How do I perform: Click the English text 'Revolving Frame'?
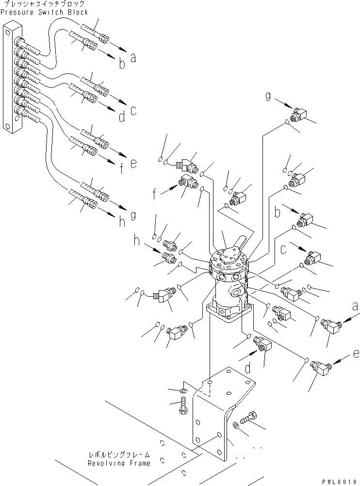tap(119, 464)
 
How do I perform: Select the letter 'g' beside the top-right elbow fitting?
tap(268, 96)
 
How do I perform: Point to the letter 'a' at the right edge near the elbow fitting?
tap(355, 307)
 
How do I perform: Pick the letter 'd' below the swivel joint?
tap(248, 369)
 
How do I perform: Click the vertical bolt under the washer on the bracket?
tap(183, 405)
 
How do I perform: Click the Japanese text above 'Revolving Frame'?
tap(118, 455)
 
